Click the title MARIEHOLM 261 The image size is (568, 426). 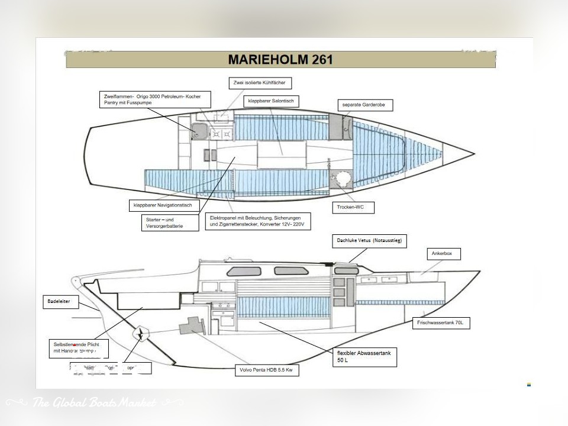click(x=280, y=59)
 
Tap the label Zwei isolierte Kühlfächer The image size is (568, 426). click(x=260, y=83)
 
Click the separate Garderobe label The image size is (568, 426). click(x=364, y=105)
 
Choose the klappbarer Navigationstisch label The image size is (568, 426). click(x=164, y=205)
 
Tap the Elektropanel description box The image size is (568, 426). click(x=259, y=221)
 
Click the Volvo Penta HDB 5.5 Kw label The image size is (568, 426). click(x=267, y=370)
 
